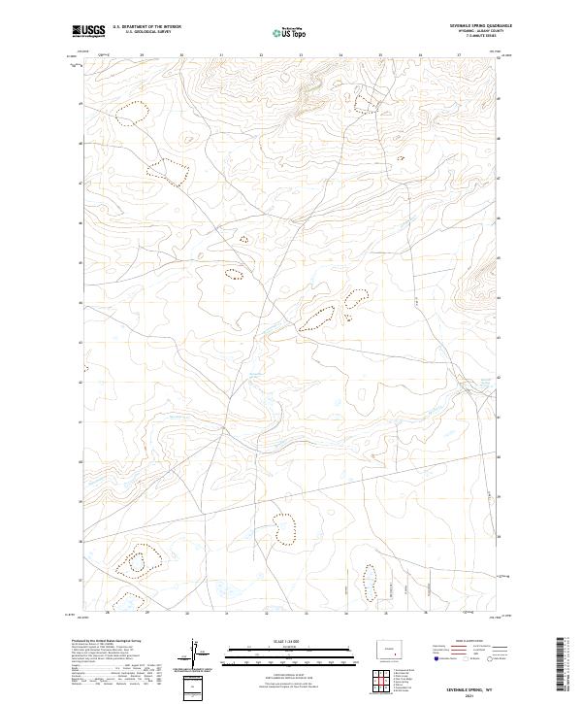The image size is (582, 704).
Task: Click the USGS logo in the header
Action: pyautogui.click(x=88, y=31)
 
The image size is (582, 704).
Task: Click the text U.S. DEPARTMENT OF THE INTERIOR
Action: pyautogui.click(x=146, y=27)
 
